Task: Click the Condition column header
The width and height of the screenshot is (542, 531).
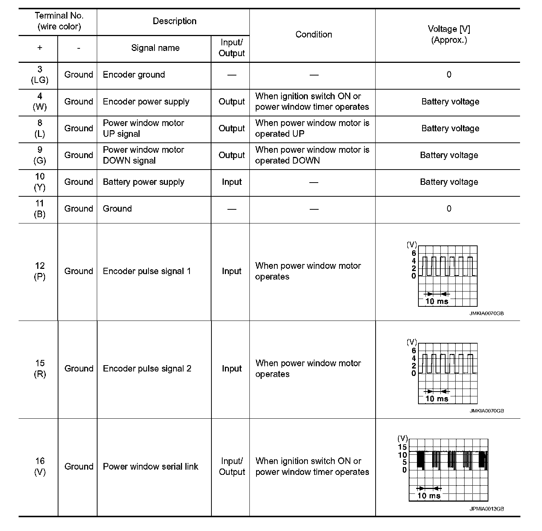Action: point(313,35)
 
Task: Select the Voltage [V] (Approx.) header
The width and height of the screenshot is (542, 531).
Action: point(449,35)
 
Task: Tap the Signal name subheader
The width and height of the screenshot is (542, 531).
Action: point(155,48)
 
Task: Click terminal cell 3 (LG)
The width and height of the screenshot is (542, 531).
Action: point(39,74)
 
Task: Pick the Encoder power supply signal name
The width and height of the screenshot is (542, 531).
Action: point(146,102)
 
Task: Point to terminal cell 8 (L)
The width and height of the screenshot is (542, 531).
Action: point(39,128)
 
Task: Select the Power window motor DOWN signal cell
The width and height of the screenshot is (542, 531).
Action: point(143,155)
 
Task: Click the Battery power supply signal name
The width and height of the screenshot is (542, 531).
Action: point(143,182)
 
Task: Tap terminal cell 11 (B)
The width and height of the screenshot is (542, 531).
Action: point(39,209)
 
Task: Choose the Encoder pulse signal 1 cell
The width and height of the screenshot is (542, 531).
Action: point(147,271)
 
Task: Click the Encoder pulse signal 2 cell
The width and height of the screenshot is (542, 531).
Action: point(147,369)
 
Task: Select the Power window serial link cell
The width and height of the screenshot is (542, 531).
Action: point(150,466)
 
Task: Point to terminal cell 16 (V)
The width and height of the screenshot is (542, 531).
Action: point(39,466)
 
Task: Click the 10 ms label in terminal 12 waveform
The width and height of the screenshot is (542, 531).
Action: point(437,301)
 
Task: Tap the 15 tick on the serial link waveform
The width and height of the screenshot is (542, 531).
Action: point(402,447)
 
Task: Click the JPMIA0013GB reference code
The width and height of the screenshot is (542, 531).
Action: point(487,509)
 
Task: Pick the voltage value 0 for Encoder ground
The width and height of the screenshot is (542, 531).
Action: point(449,74)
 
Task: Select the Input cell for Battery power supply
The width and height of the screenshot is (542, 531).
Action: point(232,182)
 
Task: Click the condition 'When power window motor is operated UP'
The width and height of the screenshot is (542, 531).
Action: point(312,128)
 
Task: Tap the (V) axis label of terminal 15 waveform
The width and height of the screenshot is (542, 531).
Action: point(412,342)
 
